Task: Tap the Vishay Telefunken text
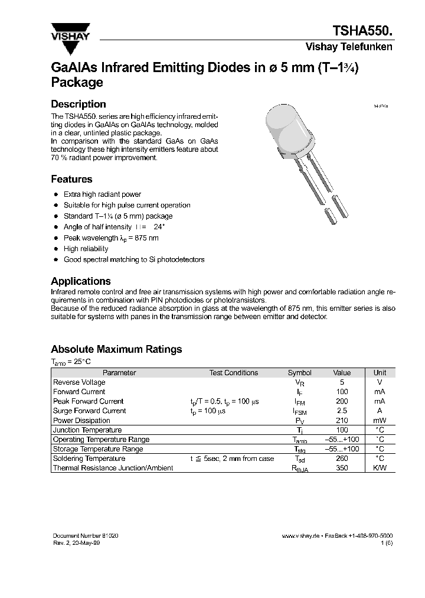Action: tap(348, 47)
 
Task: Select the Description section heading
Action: tap(79, 104)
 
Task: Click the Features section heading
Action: tap(71, 179)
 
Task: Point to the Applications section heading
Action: tap(81, 281)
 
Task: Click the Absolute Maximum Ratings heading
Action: tap(116, 349)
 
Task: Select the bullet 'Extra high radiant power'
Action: tap(102, 194)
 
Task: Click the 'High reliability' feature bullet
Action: tap(86, 249)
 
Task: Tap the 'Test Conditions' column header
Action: tap(234, 373)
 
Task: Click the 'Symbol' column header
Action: tap(299, 373)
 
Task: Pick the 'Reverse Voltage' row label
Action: tap(79, 382)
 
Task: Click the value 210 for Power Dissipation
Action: tap(342, 421)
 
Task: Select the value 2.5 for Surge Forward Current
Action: tap(342, 411)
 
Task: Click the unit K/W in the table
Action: tap(380, 468)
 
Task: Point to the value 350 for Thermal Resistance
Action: tap(342, 468)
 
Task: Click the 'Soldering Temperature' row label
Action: tap(89, 459)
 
